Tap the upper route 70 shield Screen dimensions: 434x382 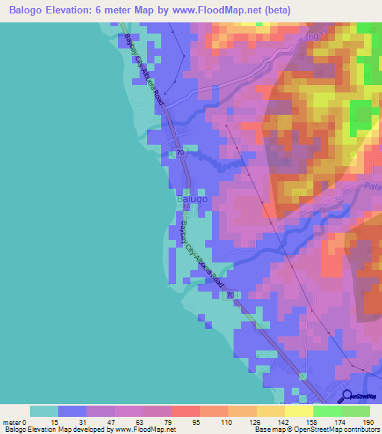181,153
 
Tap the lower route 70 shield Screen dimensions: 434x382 231,296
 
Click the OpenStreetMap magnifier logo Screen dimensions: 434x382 347,397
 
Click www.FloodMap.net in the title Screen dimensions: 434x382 232,10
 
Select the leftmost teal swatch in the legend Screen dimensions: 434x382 43,411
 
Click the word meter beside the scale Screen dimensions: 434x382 11,422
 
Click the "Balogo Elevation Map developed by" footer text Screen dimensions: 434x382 57,430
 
